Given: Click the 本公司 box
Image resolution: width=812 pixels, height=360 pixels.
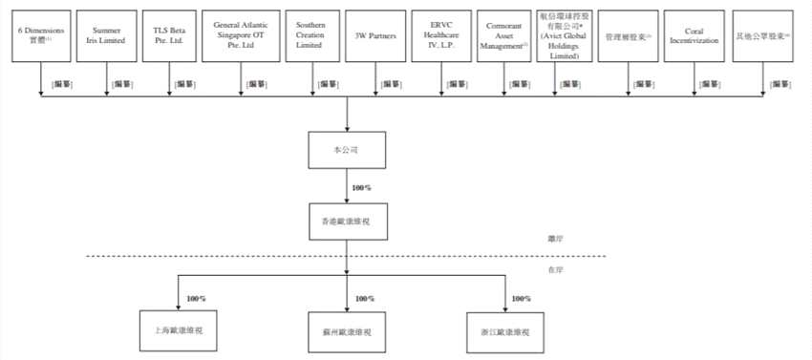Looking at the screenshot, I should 346,151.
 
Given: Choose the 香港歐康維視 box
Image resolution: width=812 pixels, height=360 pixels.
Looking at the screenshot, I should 346,219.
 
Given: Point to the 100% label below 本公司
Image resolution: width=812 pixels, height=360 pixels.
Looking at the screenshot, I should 362,187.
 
